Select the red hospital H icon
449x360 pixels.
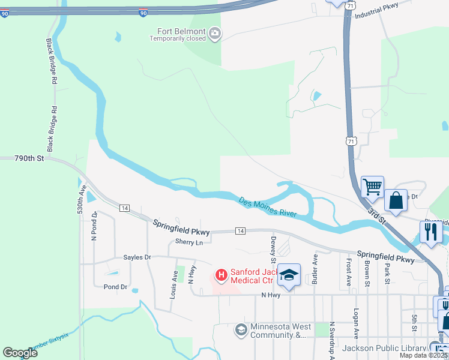click(x=221, y=275)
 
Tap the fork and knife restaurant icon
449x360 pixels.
click(x=431, y=231)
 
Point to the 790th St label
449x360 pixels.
click(x=30, y=158)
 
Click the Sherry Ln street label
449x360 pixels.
click(x=189, y=242)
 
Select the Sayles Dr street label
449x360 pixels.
click(x=137, y=257)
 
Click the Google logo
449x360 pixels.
click(x=20, y=353)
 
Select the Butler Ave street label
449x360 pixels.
click(x=314, y=268)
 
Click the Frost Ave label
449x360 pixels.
click(x=348, y=272)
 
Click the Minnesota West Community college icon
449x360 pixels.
click(x=241, y=329)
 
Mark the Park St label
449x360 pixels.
click(x=388, y=273)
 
